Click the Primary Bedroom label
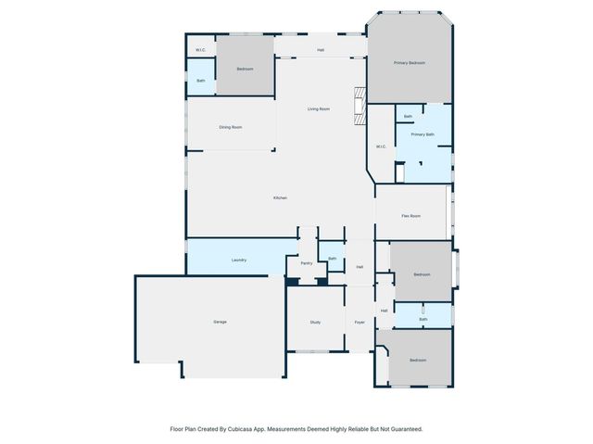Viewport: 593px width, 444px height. pyautogui.click(x=409, y=63)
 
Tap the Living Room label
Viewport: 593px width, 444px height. pyautogui.click(x=319, y=109)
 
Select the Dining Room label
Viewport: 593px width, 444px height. pyautogui.click(x=231, y=127)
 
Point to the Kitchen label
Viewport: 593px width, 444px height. pyautogui.click(x=280, y=198)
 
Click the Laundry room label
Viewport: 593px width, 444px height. pyautogui.click(x=238, y=260)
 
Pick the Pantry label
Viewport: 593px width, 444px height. pyautogui.click(x=307, y=263)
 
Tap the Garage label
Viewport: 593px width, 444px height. pyautogui.click(x=221, y=322)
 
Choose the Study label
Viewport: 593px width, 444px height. pyautogui.click(x=315, y=322)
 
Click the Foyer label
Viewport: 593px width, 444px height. pyautogui.click(x=359, y=322)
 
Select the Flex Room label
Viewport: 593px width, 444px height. pyautogui.click(x=411, y=216)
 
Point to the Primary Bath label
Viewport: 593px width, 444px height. pyautogui.click(x=423, y=134)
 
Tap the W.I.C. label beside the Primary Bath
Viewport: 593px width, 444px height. pyautogui.click(x=381, y=146)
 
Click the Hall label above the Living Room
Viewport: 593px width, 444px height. pyautogui.click(x=321, y=49)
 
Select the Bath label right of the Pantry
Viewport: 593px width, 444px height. pyautogui.click(x=332, y=259)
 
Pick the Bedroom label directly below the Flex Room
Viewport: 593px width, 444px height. pyautogui.click(x=422, y=274)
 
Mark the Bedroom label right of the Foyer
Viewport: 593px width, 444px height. pyautogui.click(x=418, y=360)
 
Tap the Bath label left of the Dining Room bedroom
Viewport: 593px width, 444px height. pyautogui.click(x=200, y=81)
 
